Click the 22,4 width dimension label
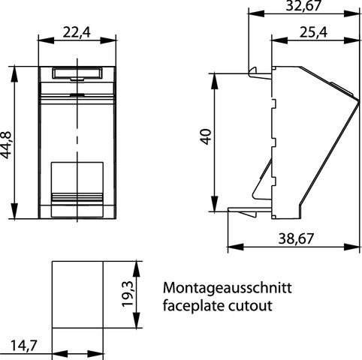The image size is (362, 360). pos(77,32)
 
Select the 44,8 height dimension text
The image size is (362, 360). pos(6,145)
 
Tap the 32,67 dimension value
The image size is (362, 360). pos(303,5)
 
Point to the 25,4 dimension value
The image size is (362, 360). pos(313,32)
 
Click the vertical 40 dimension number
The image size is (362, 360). pos(207,136)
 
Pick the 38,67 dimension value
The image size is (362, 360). pos(296,238)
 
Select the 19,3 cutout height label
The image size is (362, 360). pos(128,294)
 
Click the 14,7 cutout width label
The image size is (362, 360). pos(23,346)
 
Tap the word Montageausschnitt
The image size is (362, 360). pos(228,288)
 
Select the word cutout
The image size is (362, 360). pos(250,306)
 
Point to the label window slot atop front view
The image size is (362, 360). pos(77,73)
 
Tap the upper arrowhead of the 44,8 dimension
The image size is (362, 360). pos(14,73)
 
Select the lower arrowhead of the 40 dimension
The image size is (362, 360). pos(214,204)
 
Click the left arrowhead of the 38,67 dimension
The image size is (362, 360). pos(236,247)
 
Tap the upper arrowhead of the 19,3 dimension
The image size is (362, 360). pos(136,269)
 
